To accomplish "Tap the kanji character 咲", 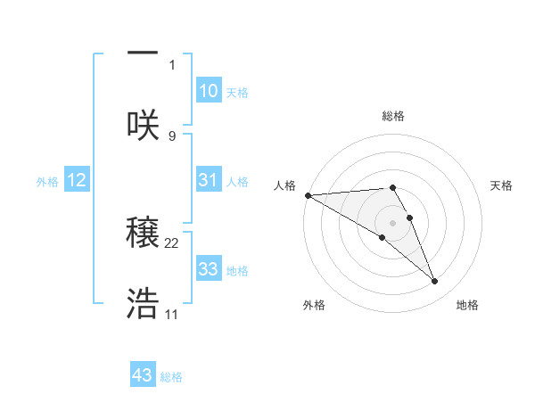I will pyautogui.click(x=143, y=124).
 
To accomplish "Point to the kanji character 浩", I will pyautogui.click(x=143, y=304).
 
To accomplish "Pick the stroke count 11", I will pyautogui.click(x=172, y=315).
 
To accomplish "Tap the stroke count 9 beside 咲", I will pyautogui.click(x=172, y=136).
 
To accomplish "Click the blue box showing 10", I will pyautogui.click(x=208, y=91).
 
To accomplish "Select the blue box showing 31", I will pyautogui.click(x=208, y=180).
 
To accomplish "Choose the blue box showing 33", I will pyautogui.click(x=208, y=269).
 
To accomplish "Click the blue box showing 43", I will pyautogui.click(x=143, y=375).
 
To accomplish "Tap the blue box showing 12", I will pyautogui.click(x=77, y=180).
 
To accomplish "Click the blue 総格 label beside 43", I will pyautogui.click(x=171, y=377).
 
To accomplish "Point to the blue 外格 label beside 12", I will pyautogui.click(x=47, y=182).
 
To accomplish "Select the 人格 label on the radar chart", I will pyautogui.click(x=284, y=185).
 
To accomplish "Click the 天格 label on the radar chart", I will pyautogui.click(x=501, y=185).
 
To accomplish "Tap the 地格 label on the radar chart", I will pyautogui.click(x=467, y=305).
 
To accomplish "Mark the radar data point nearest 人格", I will pyautogui.click(x=308, y=195).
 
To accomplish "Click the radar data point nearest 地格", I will pyautogui.click(x=435, y=282).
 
